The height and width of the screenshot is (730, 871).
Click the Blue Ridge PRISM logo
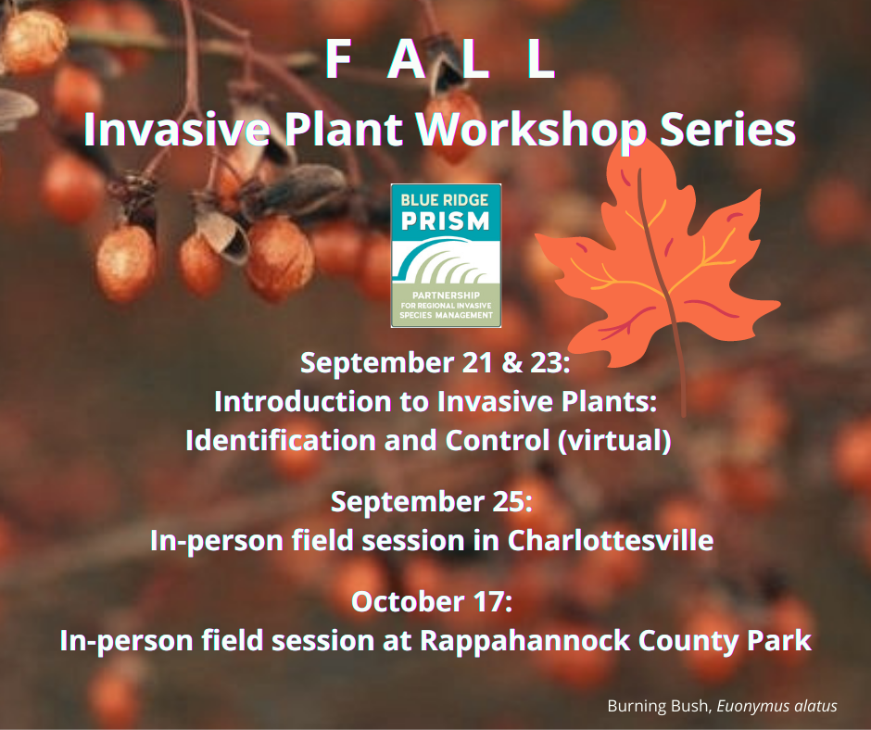tap(446, 256)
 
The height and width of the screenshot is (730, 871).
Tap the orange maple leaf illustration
tap(658, 261)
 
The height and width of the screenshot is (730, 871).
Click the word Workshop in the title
tap(532, 131)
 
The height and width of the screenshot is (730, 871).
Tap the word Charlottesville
tap(611, 540)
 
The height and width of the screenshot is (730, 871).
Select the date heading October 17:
tap(432, 601)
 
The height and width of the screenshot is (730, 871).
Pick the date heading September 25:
tap(432, 502)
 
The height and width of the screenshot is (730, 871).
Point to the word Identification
tap(281, 441)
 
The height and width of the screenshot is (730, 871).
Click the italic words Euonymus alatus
tap(776, 706)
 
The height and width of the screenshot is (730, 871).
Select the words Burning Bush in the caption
tap(659, 706)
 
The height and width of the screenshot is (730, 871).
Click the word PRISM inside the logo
tap(446, 221)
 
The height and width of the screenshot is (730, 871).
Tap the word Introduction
tap(303, 402)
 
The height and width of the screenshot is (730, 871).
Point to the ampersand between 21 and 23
tap(511, 363)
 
